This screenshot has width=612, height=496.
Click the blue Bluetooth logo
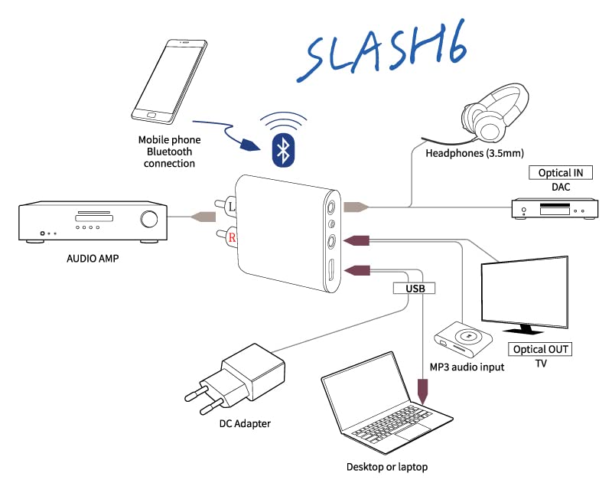[x=283, y=151]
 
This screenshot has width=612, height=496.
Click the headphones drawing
[x=493, y=117]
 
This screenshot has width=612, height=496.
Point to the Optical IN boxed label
[x=561, y=173]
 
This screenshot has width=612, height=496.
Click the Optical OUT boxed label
[x=540, y=349]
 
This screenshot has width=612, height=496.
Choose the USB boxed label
[x=415, y=289]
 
